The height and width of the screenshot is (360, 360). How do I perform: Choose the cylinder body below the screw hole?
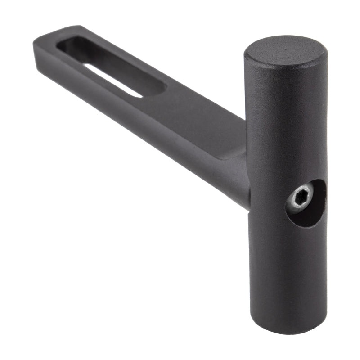288,270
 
